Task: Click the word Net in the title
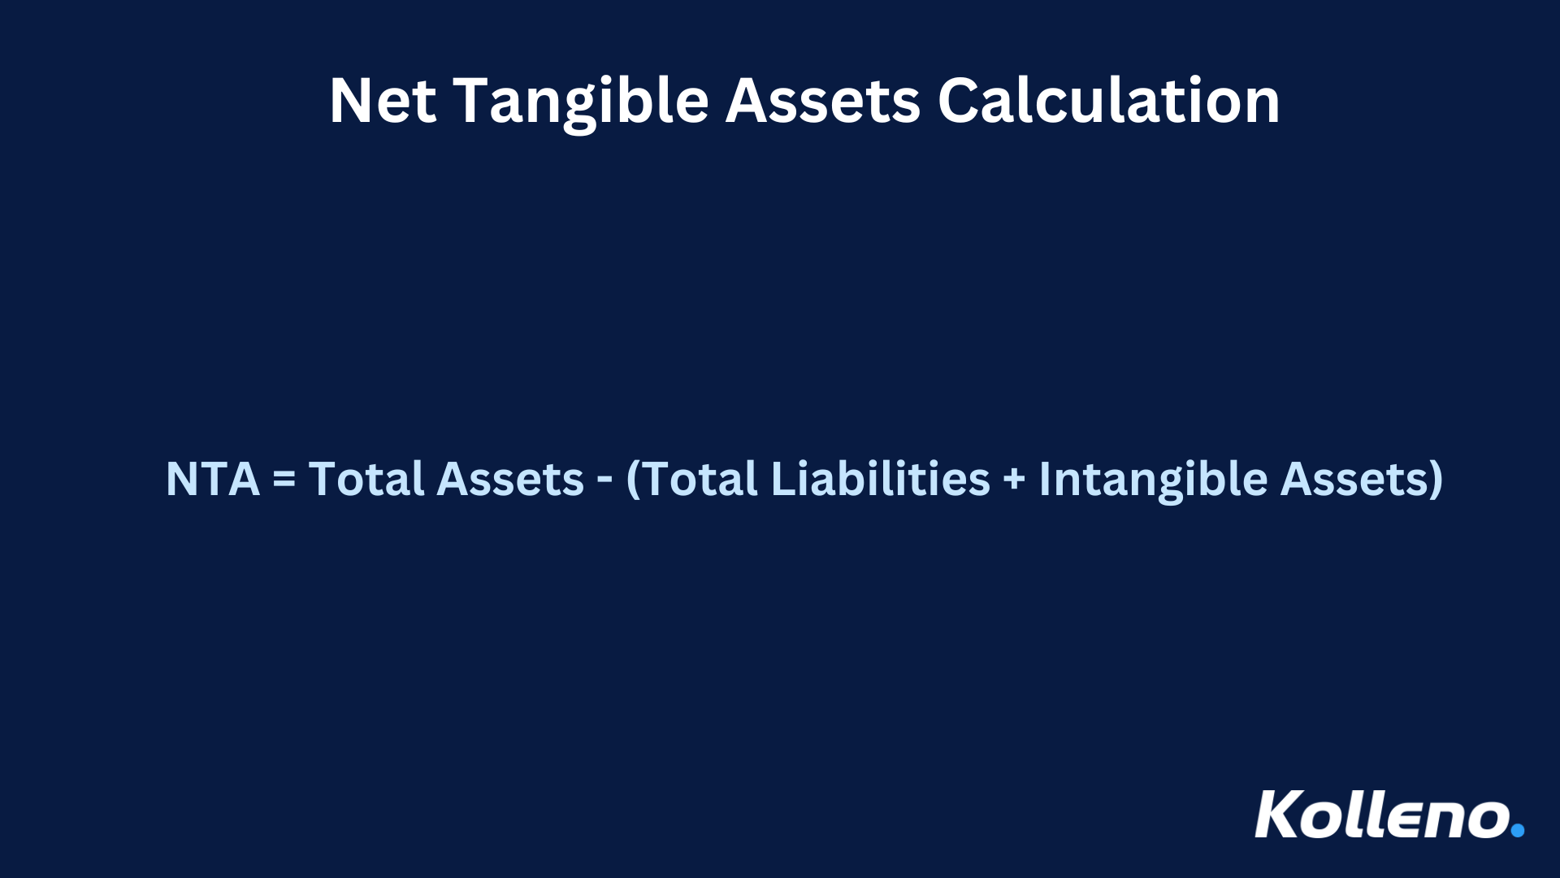tap(383, 101)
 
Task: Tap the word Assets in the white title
tap(822, 101)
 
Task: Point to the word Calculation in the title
tap(1109, 101)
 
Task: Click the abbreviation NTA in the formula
tap(212, 479)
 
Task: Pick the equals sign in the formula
tap(284, 479)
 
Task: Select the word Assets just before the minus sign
tap(510, 479)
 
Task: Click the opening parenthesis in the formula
tap(634, 479)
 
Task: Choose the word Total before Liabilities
tap(701, 479)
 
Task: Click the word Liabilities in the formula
tap(880, 479)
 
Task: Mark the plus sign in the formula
tap(1014, 479)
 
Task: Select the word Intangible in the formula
tap(1153, 479)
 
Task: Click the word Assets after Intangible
tap(1354, 479)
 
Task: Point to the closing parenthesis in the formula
tap(1436, 479)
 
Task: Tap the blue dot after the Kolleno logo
tap(1517, 830)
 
